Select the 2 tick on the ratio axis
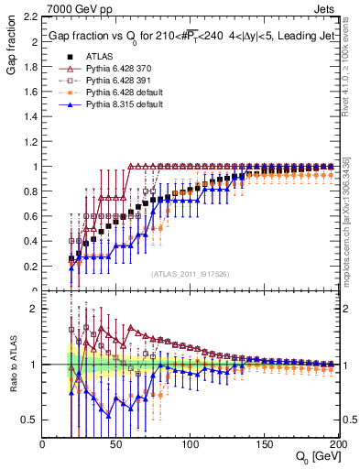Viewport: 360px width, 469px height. pyautogui.click(x=34, y=310)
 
